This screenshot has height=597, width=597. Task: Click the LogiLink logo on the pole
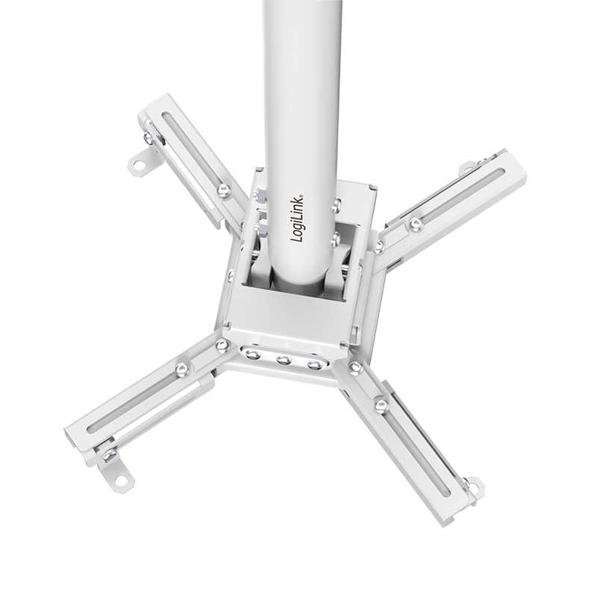(297, 218)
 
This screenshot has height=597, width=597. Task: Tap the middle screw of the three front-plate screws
(284, 360)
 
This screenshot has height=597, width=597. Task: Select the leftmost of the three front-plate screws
(252, 355)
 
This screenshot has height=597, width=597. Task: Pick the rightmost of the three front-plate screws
(314, 365)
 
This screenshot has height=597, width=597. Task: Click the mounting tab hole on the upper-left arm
(139, 165)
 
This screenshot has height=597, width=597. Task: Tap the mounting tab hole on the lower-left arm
(120, 480)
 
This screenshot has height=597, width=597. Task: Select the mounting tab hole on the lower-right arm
(473, 486)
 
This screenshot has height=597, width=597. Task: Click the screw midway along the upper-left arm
(225, 190)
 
